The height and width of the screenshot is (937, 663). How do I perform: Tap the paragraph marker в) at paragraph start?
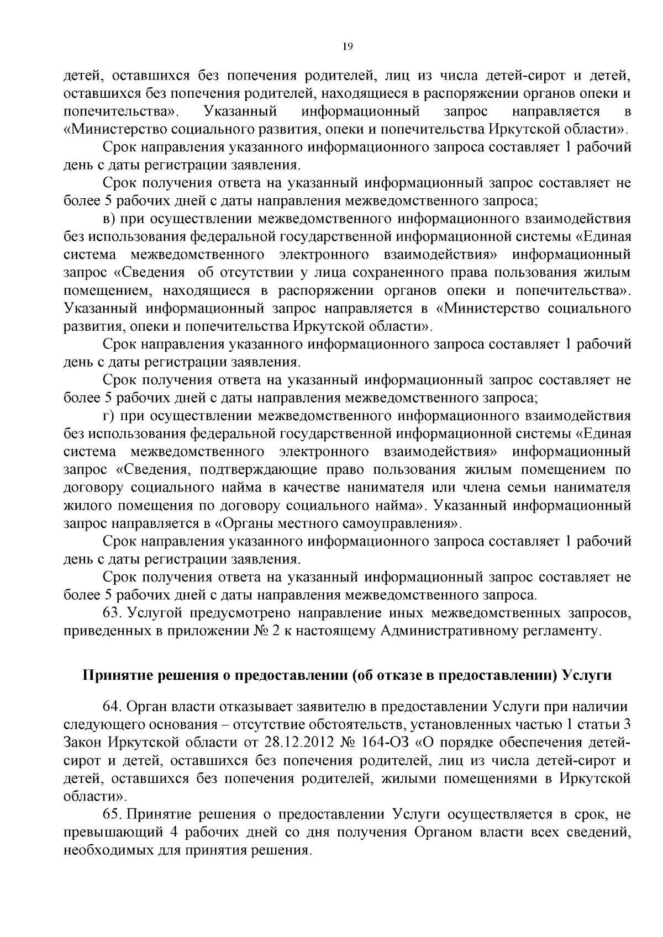click(109, 219)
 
